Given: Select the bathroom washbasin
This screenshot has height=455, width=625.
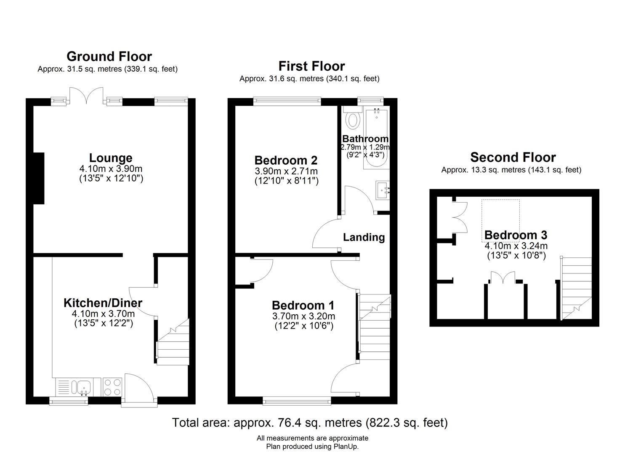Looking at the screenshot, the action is point(383,190).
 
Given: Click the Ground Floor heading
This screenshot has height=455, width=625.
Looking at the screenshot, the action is point(109,56).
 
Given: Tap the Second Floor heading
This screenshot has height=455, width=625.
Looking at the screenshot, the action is point(513,157).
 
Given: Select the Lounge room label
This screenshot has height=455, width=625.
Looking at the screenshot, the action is point(111,158).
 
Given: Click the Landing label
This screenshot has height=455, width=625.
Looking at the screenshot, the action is point(364,237).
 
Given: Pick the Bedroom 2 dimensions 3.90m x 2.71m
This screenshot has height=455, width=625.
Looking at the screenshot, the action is point(286,171).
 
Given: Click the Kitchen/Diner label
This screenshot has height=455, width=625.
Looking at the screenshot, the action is point(103,303).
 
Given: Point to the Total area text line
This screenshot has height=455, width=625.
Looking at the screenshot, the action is point(310,423).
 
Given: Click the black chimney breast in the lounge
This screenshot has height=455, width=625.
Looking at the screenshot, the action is point(39,178).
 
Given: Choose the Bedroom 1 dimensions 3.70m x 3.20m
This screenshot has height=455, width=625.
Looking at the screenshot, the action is point(303,316).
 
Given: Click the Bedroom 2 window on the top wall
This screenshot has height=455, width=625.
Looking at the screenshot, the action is point(287,102).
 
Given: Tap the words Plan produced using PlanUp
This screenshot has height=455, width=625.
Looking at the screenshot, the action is point(312,446).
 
